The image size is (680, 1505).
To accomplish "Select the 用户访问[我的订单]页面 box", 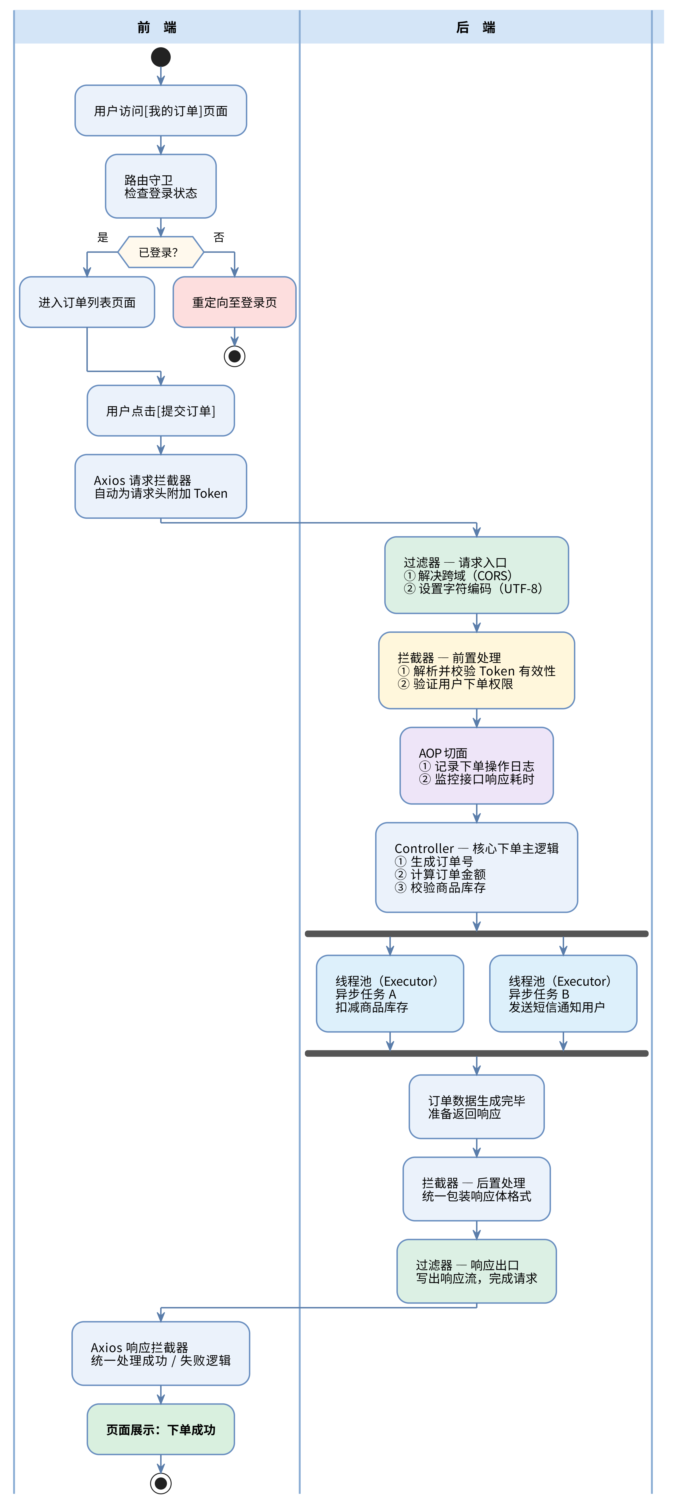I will pyautogui.click(x=161, y=111).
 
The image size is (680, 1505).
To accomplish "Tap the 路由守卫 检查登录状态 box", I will pyautogui.click(x=161, y=186).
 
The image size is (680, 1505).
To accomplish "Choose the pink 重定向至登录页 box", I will pyautogui.click(x=234, y=302).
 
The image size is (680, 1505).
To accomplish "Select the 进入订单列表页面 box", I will pyautogui.click(x=87, y=302).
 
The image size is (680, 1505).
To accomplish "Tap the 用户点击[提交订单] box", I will pyautogui.click(x=161, y=411).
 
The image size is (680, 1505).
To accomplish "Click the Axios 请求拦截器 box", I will pyautogui.click(x=161, y=487).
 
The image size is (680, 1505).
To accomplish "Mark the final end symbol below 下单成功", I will pyautogui.click(x=161, y=1483).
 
